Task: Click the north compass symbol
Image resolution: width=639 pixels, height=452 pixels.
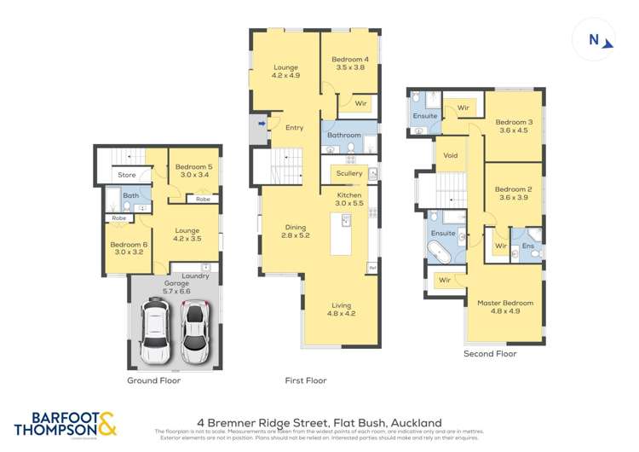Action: point(597,41)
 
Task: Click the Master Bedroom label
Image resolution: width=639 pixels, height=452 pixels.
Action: point(504,303)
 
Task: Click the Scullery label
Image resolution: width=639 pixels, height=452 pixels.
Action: point(349,173)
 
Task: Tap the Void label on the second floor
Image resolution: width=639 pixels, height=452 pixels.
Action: point(452,156)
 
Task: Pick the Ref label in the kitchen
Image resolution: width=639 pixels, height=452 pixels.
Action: point(372,269)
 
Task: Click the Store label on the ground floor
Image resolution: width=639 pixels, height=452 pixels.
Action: point(127,176)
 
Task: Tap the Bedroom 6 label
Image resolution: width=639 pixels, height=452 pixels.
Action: point(129,245)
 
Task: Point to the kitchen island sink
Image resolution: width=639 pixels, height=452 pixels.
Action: point(347,221)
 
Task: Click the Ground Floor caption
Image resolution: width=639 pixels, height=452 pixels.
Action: point(155,381)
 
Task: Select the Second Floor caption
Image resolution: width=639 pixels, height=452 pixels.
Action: point(490,353)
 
